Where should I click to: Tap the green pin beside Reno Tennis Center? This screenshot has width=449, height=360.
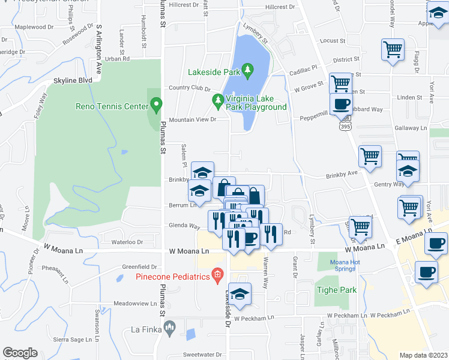156,106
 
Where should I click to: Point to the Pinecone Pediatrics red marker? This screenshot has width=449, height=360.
217,277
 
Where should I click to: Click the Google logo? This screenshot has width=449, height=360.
20,352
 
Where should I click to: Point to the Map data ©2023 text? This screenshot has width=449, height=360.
424,355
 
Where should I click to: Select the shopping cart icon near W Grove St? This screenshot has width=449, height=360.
340,82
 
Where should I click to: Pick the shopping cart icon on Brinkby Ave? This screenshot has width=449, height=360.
370,156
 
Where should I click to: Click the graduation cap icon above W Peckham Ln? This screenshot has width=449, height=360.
240,293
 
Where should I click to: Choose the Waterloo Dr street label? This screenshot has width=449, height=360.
127,242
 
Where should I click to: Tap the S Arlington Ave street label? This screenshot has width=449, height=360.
100,47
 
